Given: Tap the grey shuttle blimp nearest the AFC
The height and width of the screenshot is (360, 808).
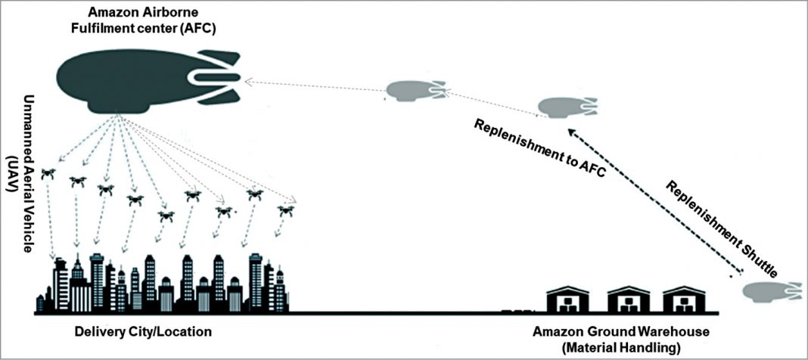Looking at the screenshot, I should click(x=413, y=91).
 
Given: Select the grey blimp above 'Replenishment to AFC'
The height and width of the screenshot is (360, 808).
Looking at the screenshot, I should click(x=564, y=107).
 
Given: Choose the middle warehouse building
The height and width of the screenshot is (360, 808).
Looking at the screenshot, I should click(x=627, y=299).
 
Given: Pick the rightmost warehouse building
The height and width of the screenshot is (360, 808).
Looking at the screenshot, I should click(x=684, y=299).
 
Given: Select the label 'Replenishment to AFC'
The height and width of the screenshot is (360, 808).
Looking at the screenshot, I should click(x=539, y=148).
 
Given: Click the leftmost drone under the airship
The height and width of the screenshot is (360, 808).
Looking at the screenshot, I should click(x=49, y=173).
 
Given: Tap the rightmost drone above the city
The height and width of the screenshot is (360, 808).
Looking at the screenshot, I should click(x=284, y=211).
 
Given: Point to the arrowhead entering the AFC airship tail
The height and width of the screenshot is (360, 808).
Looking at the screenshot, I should click(x=249, y=80).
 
